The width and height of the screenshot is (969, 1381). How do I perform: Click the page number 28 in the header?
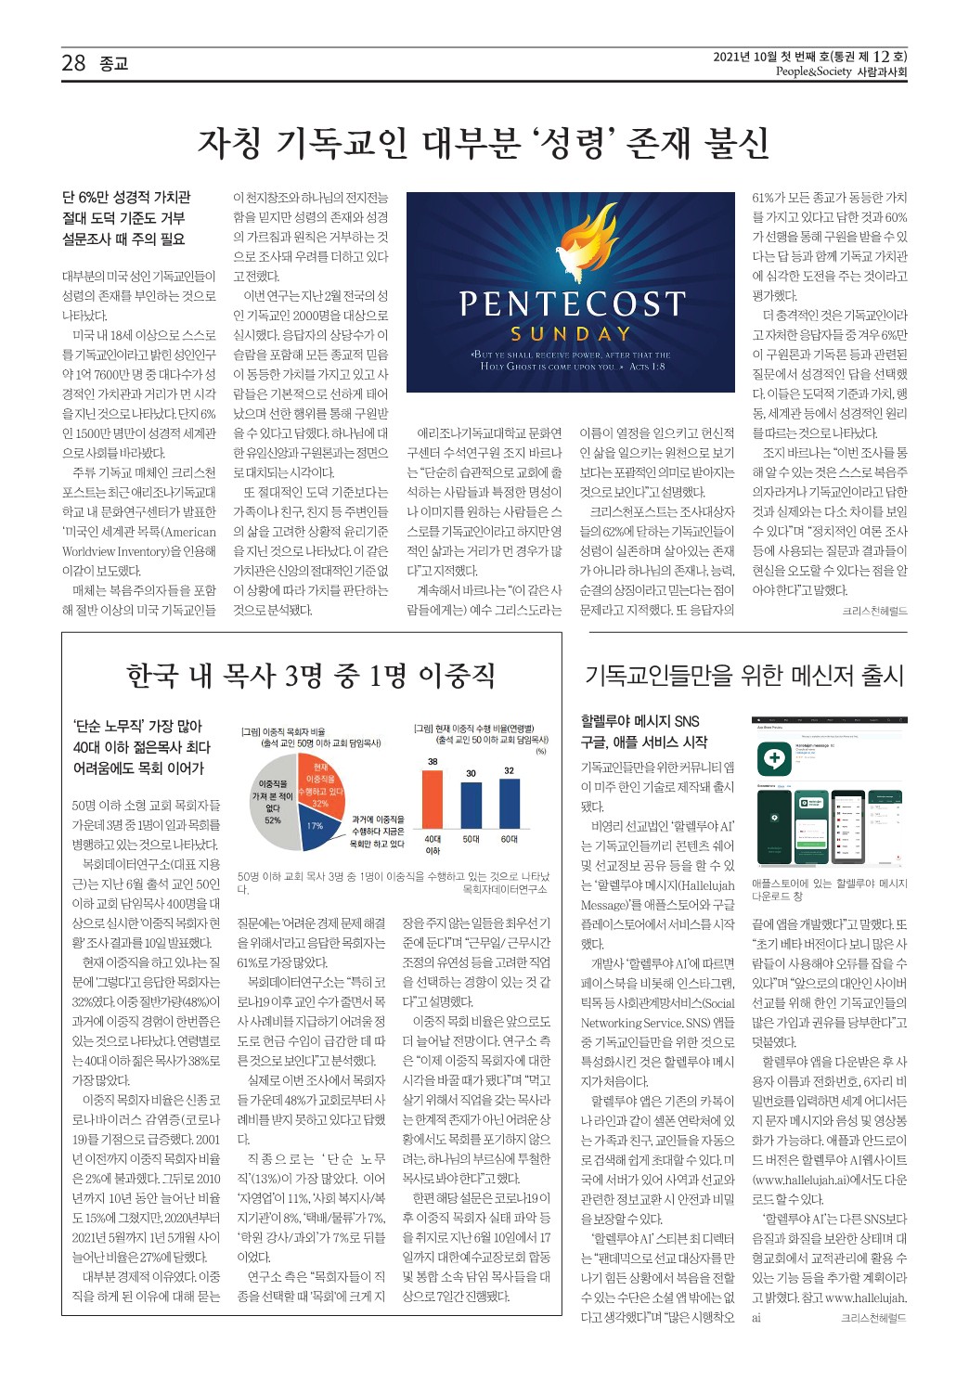pos(73,63)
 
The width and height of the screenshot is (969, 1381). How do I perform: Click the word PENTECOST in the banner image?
pos(572,304)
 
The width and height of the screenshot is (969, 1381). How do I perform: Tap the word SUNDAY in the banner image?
pos(571,334)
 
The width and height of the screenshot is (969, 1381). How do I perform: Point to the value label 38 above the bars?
pos(433,761)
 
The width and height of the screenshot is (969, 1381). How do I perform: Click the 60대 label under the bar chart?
pos(509,839)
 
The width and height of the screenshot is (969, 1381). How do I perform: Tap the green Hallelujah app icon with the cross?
pos(773,759)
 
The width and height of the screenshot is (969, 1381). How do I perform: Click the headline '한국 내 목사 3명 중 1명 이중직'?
pos(311,676)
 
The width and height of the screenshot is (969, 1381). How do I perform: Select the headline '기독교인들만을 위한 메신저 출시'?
pos(743,676)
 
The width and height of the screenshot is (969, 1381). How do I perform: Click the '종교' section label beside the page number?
pos(114,64)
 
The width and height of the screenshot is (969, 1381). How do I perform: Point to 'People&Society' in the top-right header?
pos(813,71)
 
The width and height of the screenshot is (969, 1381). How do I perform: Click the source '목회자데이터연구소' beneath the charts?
pos(504,889)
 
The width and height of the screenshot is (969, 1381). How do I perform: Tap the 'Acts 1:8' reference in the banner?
pos(647,367)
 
